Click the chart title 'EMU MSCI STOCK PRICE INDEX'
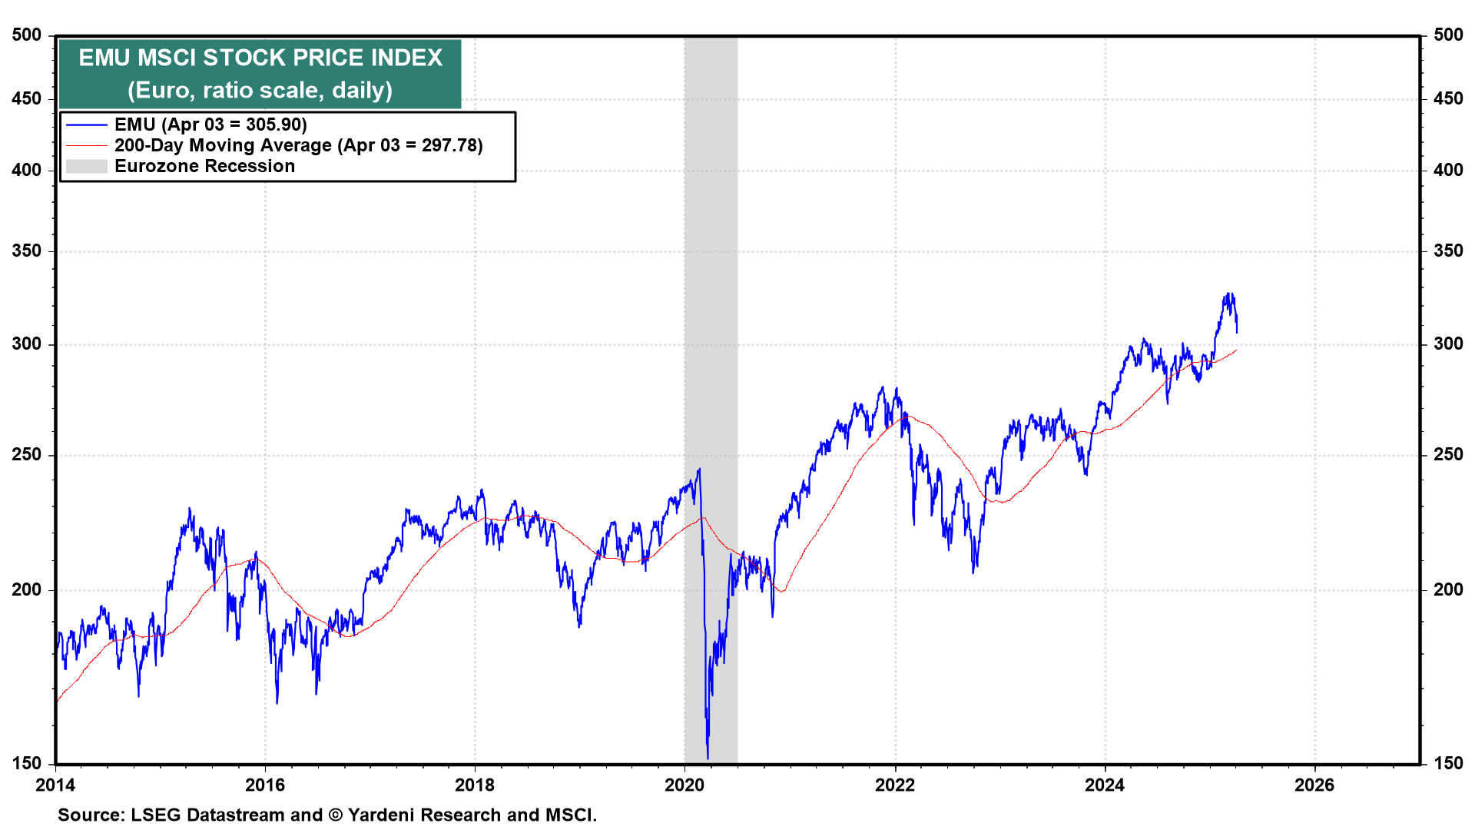[260, 58]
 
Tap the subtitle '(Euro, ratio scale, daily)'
[260, 91]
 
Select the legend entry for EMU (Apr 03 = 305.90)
[210, 124]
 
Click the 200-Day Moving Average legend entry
[298, 145]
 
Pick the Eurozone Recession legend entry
[204, 166]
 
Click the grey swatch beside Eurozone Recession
[86, 166]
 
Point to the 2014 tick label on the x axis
[55, 785]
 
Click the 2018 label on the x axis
[475, 785]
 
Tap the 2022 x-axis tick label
[895, 785]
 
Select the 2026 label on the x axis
[1314, 785]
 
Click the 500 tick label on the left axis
[27, 35]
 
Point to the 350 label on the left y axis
[27, 251]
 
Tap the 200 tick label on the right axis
[1448, 589]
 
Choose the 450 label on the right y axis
[1448, 98]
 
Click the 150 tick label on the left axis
[27, 763]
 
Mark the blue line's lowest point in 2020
[708, 758]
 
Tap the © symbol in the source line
[335, 815]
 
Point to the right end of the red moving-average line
[1236, 351]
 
